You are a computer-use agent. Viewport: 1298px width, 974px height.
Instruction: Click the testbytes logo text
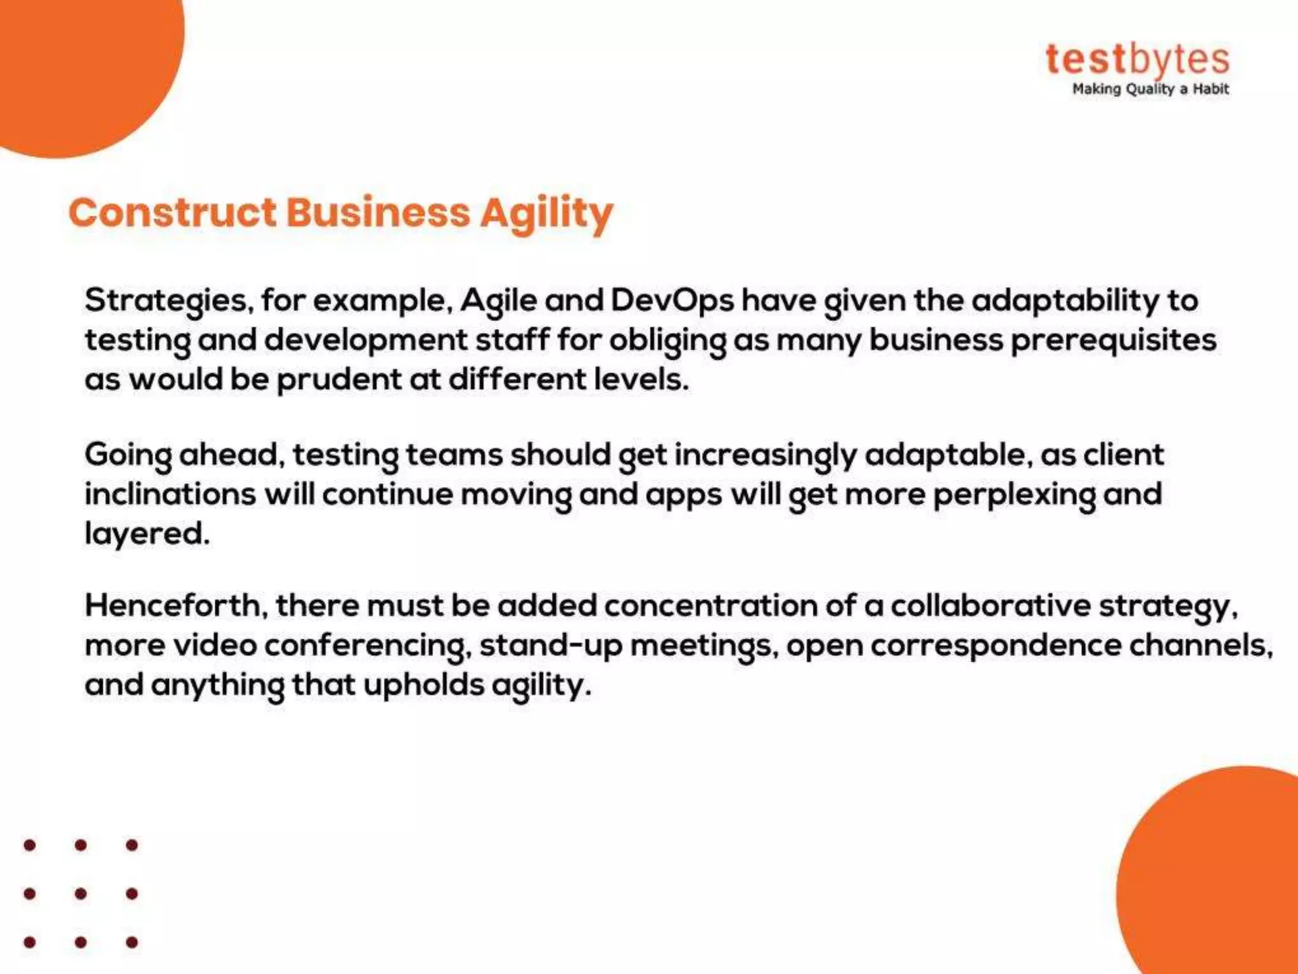[x=1137, y=60]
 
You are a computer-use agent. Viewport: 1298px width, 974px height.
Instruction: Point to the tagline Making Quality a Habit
[x=1150, y=89]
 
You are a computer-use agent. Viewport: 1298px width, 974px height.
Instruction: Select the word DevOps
[x=672, y=301]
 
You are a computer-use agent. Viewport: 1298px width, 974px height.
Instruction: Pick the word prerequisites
[x=1114, y=341]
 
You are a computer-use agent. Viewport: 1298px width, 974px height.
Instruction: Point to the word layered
[x=147, y=534]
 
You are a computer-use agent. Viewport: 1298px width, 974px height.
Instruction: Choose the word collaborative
[x=991, y=606]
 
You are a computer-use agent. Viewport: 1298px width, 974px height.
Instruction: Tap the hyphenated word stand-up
[x=550, y=646]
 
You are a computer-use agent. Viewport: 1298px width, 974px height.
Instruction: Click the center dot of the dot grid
[x=80, y=893]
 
